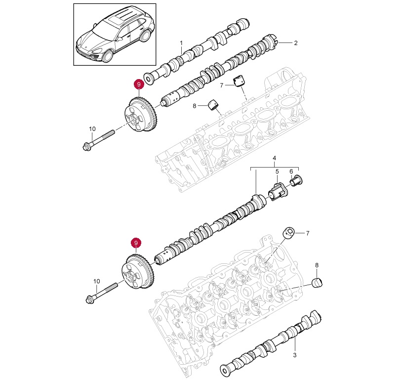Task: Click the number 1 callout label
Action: tap(181, 43)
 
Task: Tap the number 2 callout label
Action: tap(296, 43)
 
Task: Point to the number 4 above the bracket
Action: tap(275, 159)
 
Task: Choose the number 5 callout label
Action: tap(277, 172)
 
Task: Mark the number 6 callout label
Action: tap(291, 172)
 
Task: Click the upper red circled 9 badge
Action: tap(139, 85)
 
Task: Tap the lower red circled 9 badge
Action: tap(136, 243)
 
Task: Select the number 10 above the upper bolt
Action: tap(92, 129)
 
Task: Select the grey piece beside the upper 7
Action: tap(241, 81)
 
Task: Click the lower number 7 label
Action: tap(307, 233)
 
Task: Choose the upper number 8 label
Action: tap(195, 105)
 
